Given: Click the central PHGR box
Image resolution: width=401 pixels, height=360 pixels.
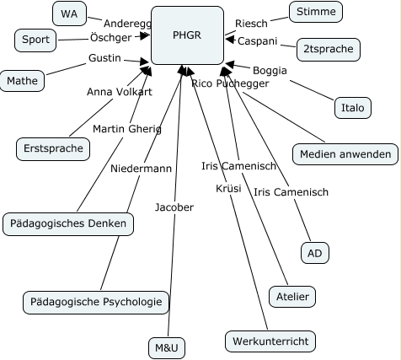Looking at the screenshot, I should click(186, 35).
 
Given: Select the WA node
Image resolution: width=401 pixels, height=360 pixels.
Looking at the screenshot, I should click(67, 13).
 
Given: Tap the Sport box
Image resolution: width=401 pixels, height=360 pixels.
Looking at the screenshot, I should click(35, 40).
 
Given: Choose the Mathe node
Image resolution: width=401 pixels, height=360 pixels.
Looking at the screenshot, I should click(20, 81).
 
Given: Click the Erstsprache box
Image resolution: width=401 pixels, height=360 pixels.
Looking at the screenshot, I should click(52, 149).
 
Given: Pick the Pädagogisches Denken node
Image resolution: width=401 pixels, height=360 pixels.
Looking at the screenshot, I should click(67, 223).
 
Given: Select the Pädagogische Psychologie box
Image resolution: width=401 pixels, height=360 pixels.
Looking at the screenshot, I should click(95, 301).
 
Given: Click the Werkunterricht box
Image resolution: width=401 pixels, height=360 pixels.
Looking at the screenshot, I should click(270, 341).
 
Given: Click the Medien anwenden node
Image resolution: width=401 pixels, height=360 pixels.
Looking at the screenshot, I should click(345, 154).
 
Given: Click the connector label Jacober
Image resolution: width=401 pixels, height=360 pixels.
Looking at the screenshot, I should click(174, 207).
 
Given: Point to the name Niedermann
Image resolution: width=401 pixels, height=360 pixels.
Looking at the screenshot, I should click(141, 169).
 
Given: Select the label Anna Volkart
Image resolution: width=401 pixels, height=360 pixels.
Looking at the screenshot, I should click(120, 91).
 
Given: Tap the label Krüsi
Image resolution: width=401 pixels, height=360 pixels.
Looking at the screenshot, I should click(228, 187).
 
